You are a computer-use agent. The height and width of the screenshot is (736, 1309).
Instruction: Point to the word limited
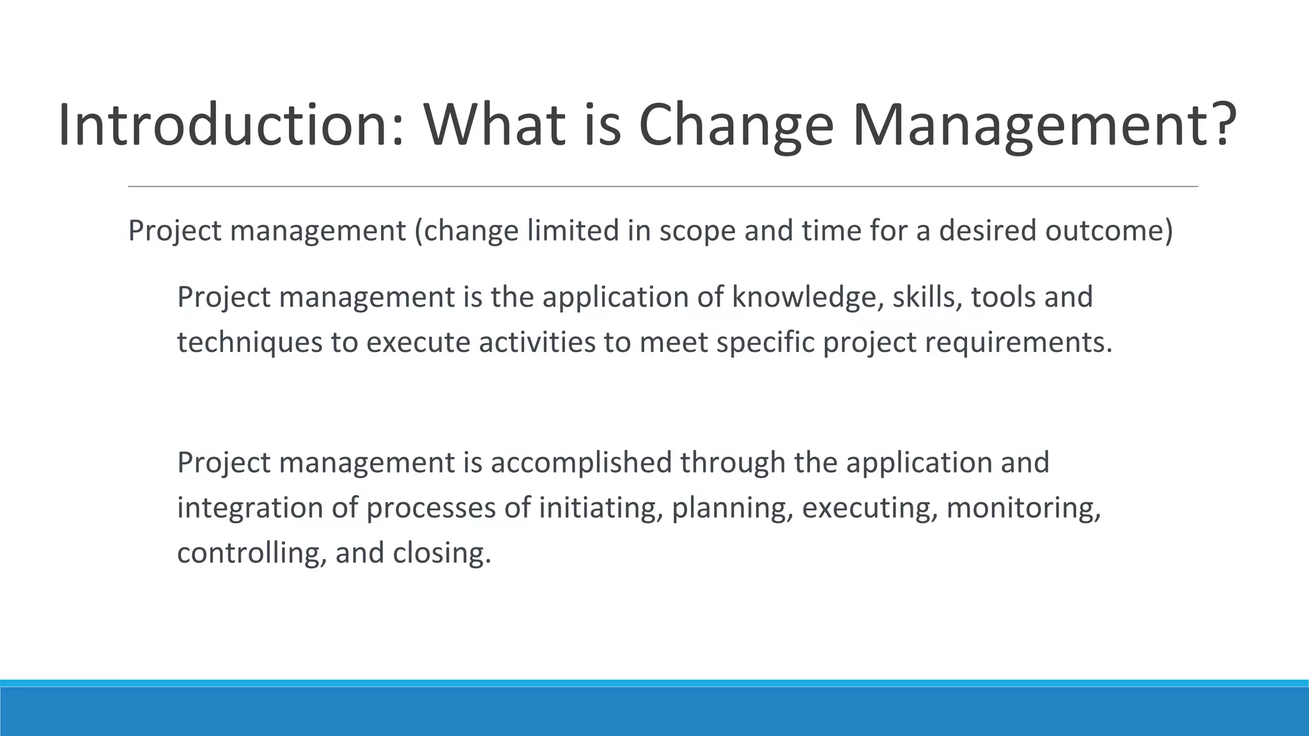(x=572, y=231)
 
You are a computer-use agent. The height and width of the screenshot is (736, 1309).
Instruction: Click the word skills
(x=927, y=298)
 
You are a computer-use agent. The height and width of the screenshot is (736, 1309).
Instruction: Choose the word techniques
(x=250, y=343)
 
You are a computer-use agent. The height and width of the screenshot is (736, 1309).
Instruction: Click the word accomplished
(x=581, y=463)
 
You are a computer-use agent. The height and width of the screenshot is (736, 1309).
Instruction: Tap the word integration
(x=250, y=509)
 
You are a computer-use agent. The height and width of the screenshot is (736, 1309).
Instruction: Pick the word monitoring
(x=1023, y=509)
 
